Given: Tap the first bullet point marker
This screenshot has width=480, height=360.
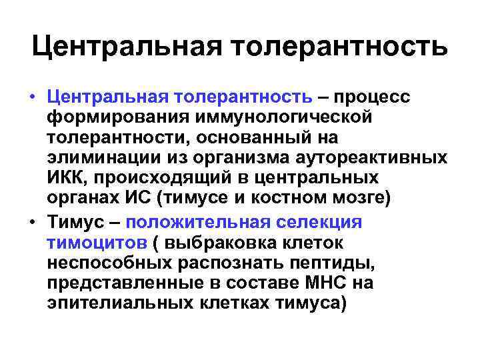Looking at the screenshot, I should [32, 99].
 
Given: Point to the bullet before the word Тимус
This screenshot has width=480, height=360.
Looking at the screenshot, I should [32, 223].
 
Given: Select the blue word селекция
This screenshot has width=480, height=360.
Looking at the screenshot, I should [323, 223].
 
